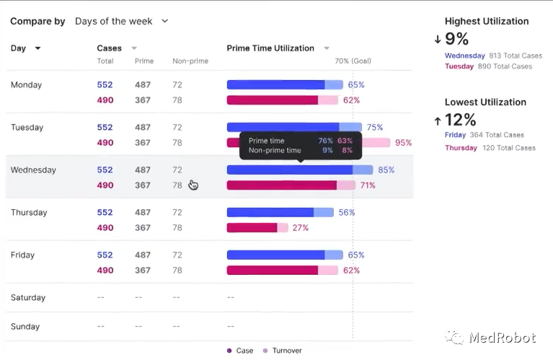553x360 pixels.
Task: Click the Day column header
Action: [x=25, y=48]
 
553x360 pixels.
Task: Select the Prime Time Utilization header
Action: [x=271, y=48]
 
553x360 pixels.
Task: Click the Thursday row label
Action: [x=29, y=212]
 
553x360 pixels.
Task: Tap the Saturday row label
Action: [x=28, y=297]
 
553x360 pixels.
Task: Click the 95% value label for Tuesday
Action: [x=403, y=143]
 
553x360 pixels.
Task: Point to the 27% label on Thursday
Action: [x=300, y=228]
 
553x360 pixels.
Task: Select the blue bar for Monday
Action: [x=276, y=84]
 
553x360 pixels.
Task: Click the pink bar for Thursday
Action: [x=252, y=228]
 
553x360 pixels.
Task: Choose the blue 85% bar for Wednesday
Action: [x=290, y=170]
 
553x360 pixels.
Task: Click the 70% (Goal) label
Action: [x=353, y=61]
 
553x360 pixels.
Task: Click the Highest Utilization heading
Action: [x=487, y=21]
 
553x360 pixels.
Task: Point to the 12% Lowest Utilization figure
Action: [x=460, y=119]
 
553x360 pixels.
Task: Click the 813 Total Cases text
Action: [x=516, y=56]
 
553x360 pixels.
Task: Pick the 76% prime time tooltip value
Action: [x=325, y=141]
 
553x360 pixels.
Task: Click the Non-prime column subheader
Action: [x=190, y=61]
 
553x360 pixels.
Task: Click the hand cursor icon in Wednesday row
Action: [x=193, y=185]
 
